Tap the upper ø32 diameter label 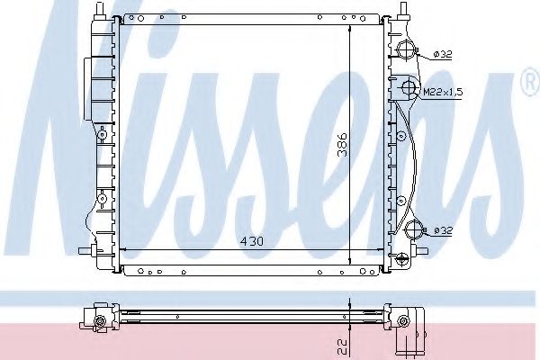(442, 54)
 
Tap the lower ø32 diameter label (442, 230)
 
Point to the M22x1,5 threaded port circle (408, 88)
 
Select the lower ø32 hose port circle (413, 229)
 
